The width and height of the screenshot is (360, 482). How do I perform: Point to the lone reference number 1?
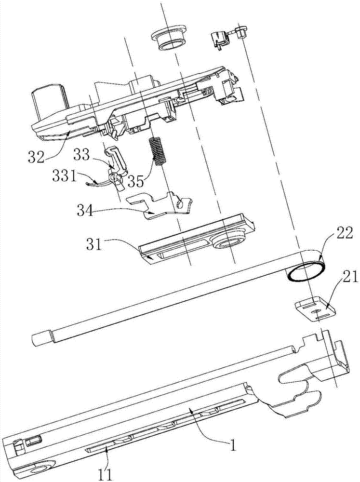point(233,446)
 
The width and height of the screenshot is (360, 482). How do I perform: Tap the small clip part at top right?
point(222,38)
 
